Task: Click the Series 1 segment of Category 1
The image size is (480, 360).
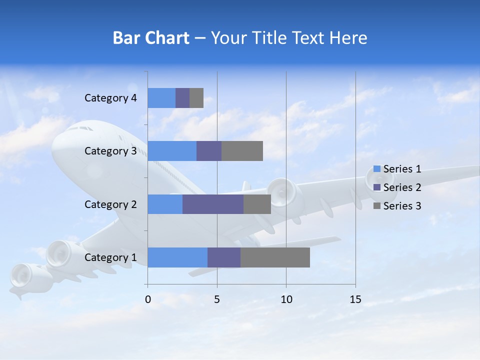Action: [x=177, y=257]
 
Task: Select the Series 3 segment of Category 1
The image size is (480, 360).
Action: [x=275, y=257]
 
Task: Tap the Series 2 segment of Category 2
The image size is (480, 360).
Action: [x=213, y=204]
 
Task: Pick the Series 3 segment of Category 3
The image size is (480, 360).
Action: [x=242, y=151]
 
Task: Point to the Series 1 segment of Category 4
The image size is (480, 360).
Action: [x=161, y=98]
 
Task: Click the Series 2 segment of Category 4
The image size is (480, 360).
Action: [x=182, y=98]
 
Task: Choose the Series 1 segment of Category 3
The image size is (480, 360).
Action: [x=172, y=151]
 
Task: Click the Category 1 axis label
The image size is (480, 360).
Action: [x=110, y=257]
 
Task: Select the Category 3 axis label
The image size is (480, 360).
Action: [x=110, y=151]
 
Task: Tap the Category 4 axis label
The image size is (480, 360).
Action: [x=110, y=98]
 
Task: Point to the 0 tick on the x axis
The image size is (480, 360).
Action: [x=148, y=299]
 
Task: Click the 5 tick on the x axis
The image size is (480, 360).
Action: [x=217, y=299]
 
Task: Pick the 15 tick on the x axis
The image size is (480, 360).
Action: [x=355, y=299]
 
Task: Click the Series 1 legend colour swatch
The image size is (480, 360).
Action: [x=377, y=169]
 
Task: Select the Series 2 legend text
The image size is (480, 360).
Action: [x=402, y=187]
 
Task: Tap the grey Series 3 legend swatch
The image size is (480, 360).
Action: [x=377, y=206]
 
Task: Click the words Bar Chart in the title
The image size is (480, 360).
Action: [x=151, y=38]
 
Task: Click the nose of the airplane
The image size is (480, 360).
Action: [x=56, y=145]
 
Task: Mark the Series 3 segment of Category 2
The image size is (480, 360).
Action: [x=257, y=204]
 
